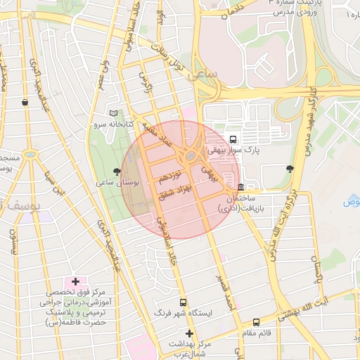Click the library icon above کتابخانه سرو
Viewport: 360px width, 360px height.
coord(114,113)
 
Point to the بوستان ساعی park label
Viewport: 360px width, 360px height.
coord(118,182)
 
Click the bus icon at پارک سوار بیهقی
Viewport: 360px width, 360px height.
coord(233,139)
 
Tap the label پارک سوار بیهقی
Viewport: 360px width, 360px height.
coord(232,150)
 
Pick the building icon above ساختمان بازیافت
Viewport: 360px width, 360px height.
coord(241,187)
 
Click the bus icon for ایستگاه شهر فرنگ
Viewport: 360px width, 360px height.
coord(184,302)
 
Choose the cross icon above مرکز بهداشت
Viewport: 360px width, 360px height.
coord(188,333)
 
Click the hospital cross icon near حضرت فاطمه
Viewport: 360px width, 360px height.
coord(75,281)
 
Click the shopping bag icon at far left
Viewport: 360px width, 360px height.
coord(25,102)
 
